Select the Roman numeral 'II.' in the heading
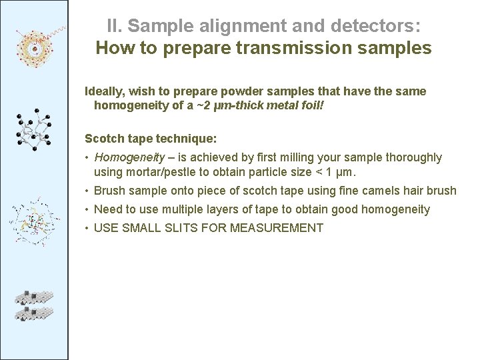pos(115,27)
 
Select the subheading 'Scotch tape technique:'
pos(151,139)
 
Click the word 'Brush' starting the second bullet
pos(109,191)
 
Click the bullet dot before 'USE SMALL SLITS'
pos(87,228)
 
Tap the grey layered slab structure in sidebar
pos(34,305)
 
